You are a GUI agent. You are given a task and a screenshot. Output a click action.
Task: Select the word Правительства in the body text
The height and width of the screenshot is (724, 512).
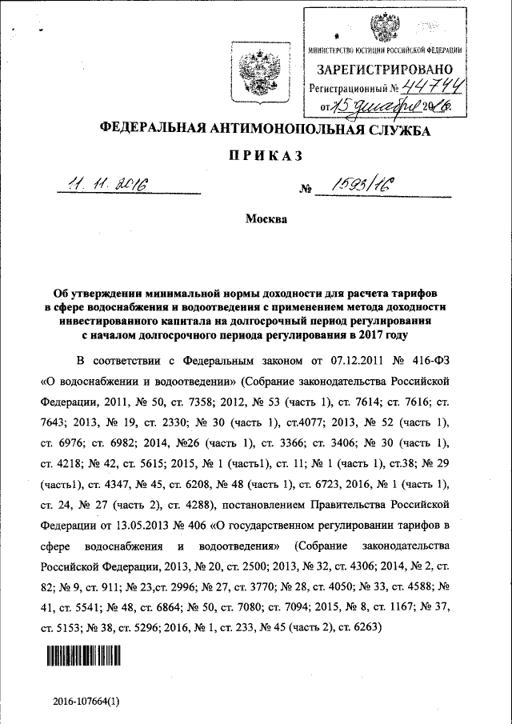374,506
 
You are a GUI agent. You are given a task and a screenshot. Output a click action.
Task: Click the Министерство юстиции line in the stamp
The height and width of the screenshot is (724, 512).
390,52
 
